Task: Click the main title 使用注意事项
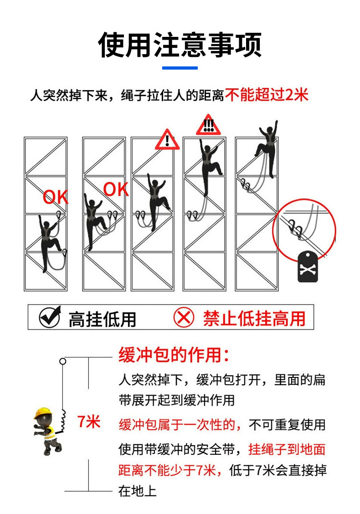click(180, 45)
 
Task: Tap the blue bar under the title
click(180, 68)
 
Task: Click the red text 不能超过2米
click(267, 95)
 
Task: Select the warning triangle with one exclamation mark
click(167, 140)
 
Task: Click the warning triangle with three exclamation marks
click(208, 125)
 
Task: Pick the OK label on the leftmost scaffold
click(56, 197)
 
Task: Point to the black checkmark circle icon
click(50, 317)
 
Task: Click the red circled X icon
click(184, 317)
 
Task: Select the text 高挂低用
click(103, 319)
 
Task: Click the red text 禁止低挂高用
click(254, 318)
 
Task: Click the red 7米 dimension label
click(88, 422)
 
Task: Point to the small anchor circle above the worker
click(63, 361)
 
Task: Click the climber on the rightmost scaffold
click(267, 148)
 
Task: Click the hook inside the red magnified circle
click(295, 229)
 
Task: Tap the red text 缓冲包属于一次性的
click(180, 425)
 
